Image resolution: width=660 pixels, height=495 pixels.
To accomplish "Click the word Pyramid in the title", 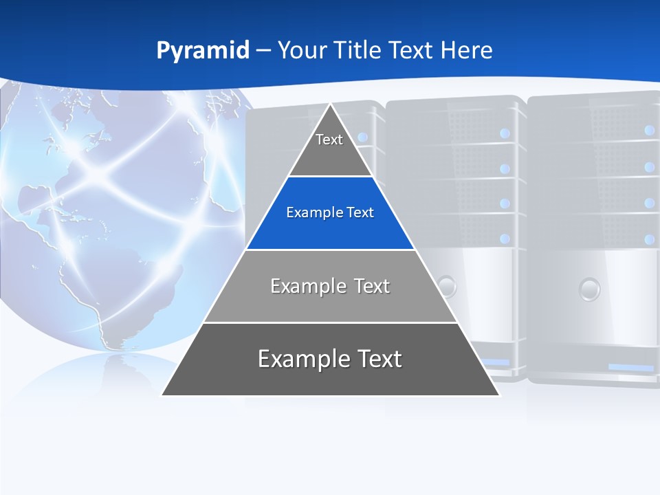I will point(203,51).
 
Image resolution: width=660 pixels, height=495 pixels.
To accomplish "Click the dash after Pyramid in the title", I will point(263,51).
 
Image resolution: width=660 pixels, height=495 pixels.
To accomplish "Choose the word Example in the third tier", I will point(302,286).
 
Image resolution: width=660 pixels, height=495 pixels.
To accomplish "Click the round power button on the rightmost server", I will point(589,289).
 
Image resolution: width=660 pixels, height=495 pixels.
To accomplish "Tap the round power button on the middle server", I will point(447,285).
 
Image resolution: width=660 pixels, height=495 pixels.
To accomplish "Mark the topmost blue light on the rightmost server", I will point(650,129).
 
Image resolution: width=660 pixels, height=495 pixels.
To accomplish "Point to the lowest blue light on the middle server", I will point(505,239).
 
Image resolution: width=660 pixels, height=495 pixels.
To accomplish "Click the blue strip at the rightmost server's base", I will point(630,368).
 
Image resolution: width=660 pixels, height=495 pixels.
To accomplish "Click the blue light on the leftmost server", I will point(363,137).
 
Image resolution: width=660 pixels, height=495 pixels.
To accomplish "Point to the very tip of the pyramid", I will point(331,104).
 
